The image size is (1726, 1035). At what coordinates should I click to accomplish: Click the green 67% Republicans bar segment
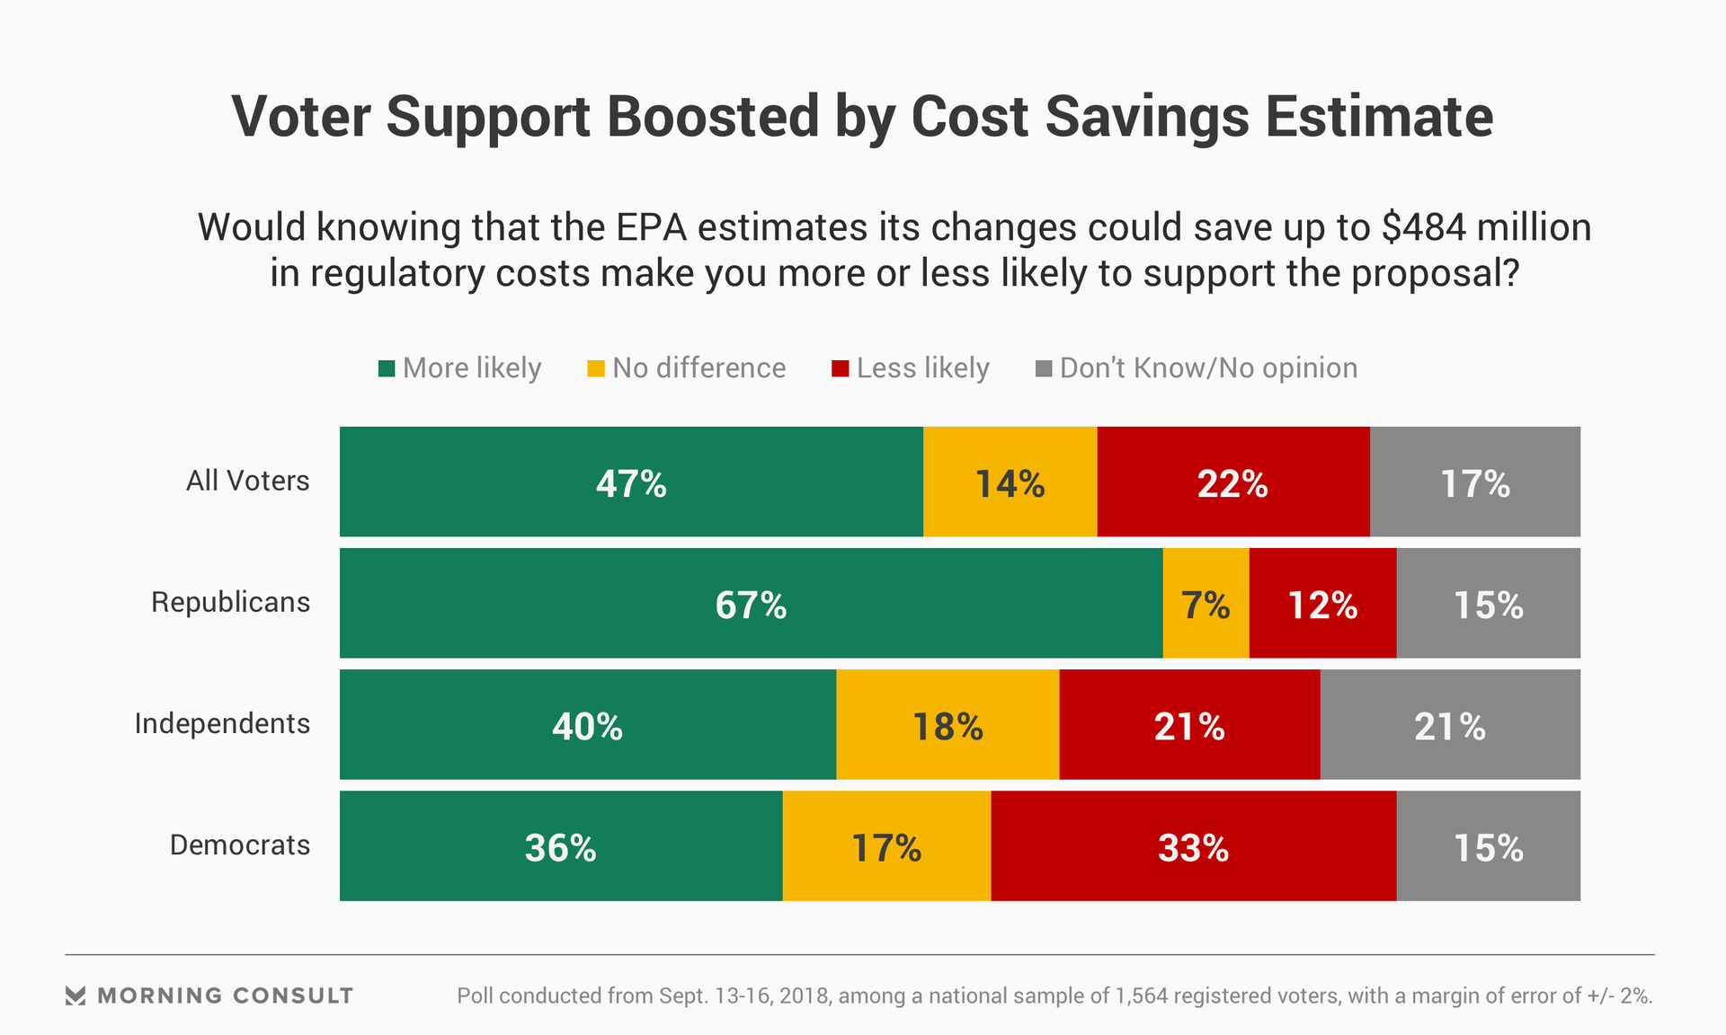click(x=751, y=603)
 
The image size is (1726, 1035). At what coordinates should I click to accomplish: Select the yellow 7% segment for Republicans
click(x=1206, y=603)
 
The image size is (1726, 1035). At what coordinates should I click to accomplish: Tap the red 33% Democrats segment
click(x=1193, y=845)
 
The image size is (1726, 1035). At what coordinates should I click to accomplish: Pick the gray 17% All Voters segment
click(x=1474, y=482)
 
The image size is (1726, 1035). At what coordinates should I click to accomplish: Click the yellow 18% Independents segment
click(x=948, y=724)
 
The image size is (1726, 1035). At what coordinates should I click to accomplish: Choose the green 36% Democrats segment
click(x=560, y=845)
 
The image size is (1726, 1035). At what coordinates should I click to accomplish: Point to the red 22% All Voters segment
click(x=1232, y=482)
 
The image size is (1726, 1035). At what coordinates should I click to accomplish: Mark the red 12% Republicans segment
click(x=1322, y=603)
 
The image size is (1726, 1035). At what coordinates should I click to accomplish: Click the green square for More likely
click(x=387, y=368)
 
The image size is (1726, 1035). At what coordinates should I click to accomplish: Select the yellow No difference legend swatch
click(x=596, y=368)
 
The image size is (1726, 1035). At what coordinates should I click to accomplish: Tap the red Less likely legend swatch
click(x=841, y=368)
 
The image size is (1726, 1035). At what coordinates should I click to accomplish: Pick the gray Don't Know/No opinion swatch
click(x=1044, y=368)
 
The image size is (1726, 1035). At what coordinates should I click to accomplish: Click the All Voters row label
click(x=247, y=481)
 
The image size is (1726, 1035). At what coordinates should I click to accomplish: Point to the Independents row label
click(x=222, y=723)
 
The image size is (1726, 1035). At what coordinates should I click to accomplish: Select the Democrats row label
click(x=240, y=845)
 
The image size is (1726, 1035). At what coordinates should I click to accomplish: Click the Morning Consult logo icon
click(x=76, y=995)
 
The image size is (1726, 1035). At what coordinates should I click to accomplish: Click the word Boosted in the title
click(x=712, y=117)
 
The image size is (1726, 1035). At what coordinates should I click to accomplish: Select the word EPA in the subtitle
click(x=651, y=227)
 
